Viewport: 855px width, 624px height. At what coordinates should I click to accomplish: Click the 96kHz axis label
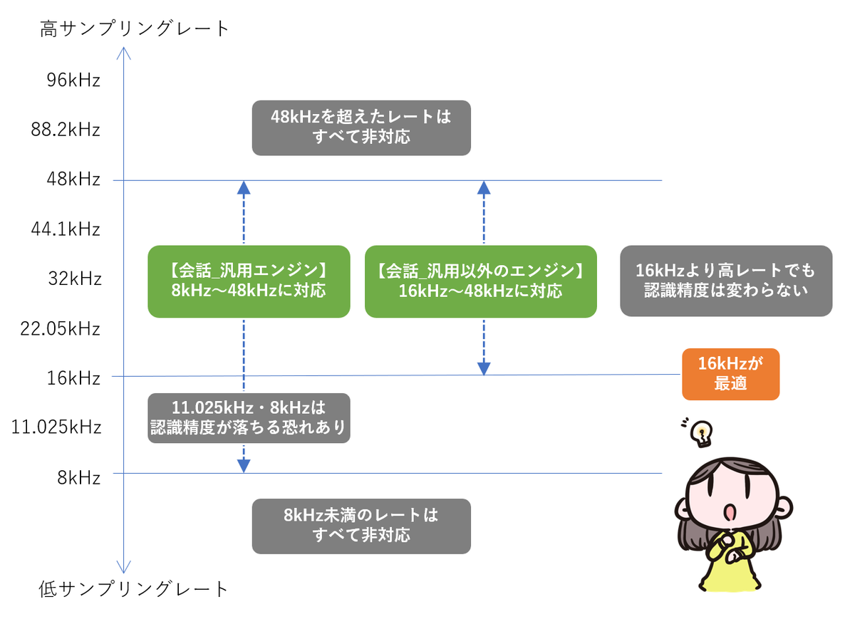point(73,80)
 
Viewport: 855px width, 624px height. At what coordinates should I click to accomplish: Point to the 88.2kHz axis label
point(66,130)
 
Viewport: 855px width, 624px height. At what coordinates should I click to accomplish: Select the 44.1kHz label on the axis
point(66,229)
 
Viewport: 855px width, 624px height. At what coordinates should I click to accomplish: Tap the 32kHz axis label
point(75,279)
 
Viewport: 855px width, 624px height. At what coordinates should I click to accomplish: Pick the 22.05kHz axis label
point(61,329)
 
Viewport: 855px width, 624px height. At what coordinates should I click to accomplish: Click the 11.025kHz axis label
point(56,427)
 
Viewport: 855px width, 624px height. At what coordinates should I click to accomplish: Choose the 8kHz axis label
point(79,478)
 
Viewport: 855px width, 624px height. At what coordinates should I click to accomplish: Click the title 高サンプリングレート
point(135,28)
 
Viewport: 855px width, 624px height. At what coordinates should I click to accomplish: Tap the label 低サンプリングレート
point(134,590)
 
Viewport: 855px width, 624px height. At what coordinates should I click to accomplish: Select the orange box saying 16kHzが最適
point(732,375)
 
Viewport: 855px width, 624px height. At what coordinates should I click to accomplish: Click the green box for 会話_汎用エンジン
point(249,282)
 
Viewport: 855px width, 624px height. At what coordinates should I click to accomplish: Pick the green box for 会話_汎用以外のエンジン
point(482,282)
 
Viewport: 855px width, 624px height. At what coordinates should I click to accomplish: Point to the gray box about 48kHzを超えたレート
point(362,128)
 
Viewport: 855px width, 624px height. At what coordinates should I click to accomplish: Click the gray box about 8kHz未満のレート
point(362,527)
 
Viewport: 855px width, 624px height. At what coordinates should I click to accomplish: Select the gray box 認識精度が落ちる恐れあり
point(249,419)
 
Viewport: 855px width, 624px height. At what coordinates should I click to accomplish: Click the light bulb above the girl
point(703,434)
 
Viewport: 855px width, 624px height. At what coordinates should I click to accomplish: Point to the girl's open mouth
point(730,513)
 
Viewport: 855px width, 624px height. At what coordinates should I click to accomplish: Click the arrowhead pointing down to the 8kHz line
point(244,467)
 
